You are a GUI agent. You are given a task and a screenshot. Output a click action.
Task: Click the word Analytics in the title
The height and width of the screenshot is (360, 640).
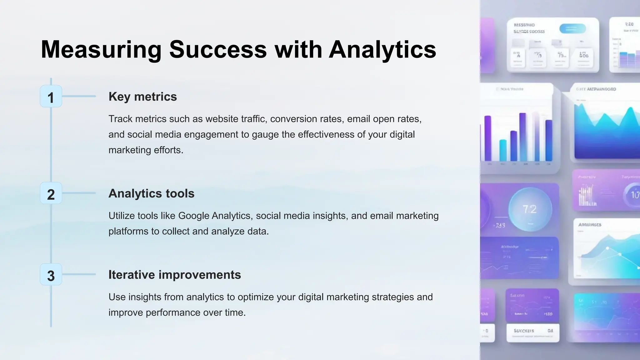[x=382, y=49]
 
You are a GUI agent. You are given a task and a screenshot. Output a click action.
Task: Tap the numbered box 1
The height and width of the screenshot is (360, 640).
[x=51, y=97]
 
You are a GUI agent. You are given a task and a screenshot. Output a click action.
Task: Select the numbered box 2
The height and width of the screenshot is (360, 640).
[x=51, y=193]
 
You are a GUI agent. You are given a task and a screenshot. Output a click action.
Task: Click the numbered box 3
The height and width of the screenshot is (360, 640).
[x=51, y=275]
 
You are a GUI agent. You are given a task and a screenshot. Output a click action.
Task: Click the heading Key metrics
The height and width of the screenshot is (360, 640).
[x=142, y=97]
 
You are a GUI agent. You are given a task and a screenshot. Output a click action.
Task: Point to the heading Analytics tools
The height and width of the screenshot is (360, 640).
[x=151, y=193]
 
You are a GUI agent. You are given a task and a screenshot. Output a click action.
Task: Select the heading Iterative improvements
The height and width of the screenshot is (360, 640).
[x=174, y=275]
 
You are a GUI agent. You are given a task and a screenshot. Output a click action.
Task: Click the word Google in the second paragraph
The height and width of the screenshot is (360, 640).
[x=193, y=216]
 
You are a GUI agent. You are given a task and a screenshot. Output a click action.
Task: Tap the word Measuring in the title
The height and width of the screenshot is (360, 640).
[x=101, y=49]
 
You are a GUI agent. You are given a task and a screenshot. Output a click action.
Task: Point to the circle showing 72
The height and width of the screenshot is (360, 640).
[x=530, y=209]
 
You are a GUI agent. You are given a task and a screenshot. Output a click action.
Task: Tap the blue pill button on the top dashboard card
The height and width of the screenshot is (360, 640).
[x=572, y=29]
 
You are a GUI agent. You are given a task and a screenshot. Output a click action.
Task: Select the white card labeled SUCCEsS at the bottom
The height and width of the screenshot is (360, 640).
[x=532, y=333]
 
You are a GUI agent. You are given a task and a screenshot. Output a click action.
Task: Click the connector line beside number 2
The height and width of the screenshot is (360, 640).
[x=79, y=193]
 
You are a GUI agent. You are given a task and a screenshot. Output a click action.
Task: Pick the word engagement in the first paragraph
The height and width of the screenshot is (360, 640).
[x=211, y=134]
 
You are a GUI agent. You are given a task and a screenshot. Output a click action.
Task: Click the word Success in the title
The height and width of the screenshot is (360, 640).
[x=218, y=49]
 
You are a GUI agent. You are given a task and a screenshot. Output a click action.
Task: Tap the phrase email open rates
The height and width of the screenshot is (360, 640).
[x=384, y=119]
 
